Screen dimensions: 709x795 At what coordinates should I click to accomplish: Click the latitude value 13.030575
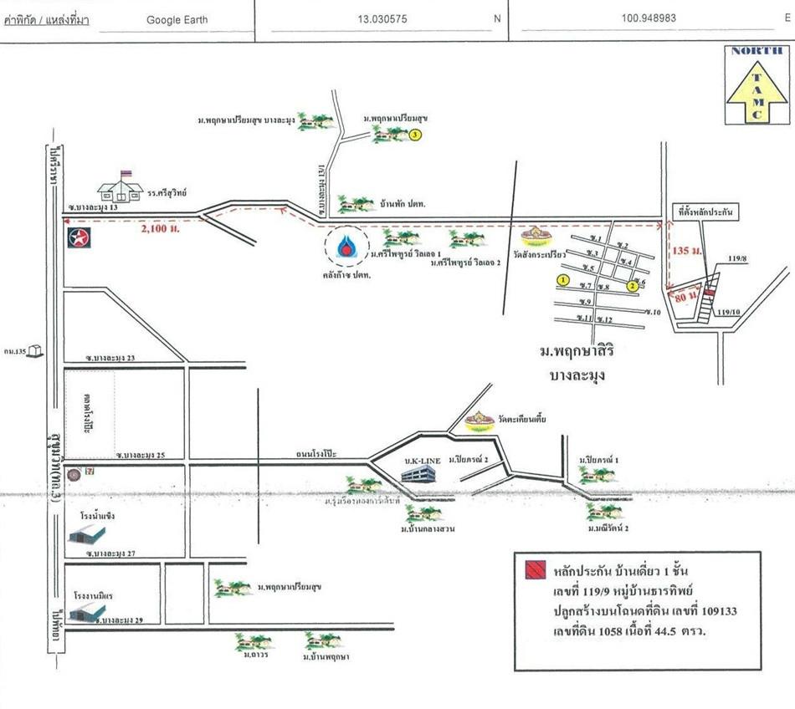(382, 18)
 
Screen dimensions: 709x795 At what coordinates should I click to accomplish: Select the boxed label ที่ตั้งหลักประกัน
(706, 212)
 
